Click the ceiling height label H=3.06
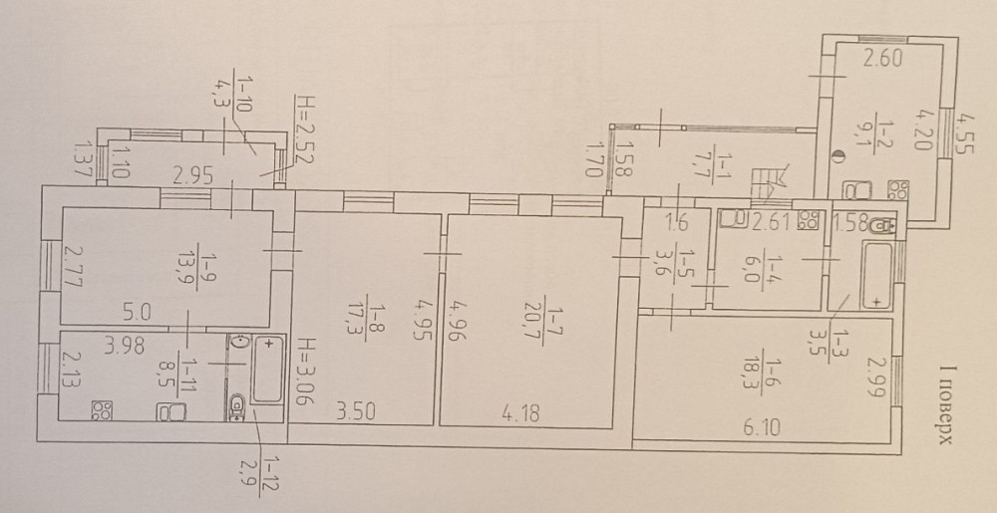[x=305, y=370]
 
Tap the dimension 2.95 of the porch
[x=193, y=180]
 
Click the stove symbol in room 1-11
[x=102, y=410]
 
